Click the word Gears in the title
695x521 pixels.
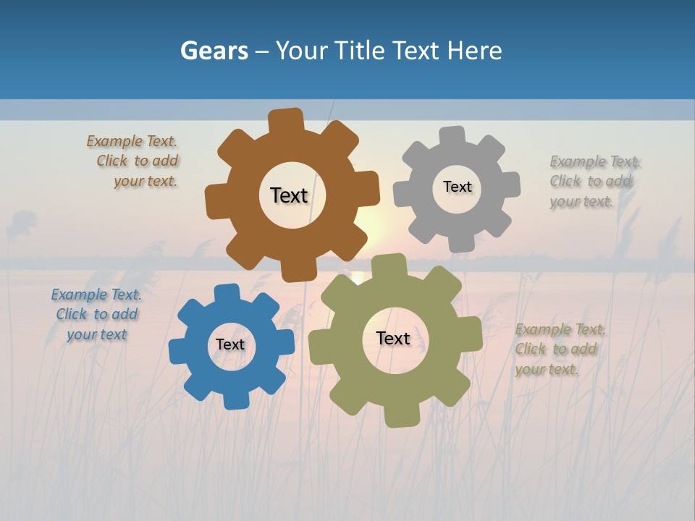[x=214, y=51]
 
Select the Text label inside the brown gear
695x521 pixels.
[x=289, y=195]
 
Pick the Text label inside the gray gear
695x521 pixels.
[x=457, y=187]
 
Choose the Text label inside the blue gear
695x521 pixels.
[x=230, y=344]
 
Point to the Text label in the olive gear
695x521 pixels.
[x=393, y=338]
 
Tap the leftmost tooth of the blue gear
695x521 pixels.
[x=178, y=352]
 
